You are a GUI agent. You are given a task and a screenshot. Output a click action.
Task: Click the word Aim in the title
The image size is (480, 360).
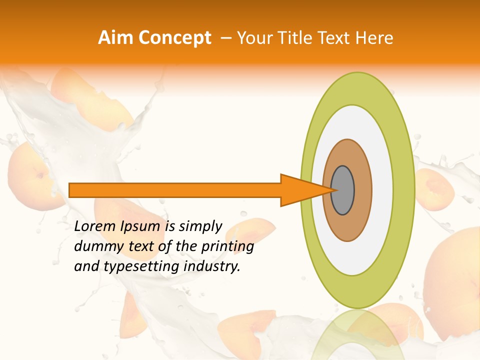tap(115, 38)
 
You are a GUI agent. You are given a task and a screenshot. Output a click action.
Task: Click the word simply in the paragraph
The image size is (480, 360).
tap(200, 227)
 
